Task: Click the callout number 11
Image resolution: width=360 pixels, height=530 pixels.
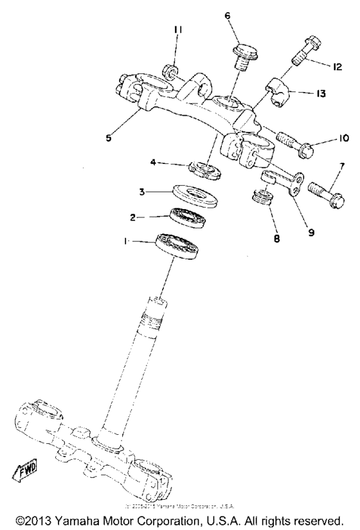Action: point(178,30)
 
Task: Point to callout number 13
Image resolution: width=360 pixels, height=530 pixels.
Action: point(319,93)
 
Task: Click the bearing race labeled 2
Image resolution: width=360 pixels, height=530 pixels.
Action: point(187,219)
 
